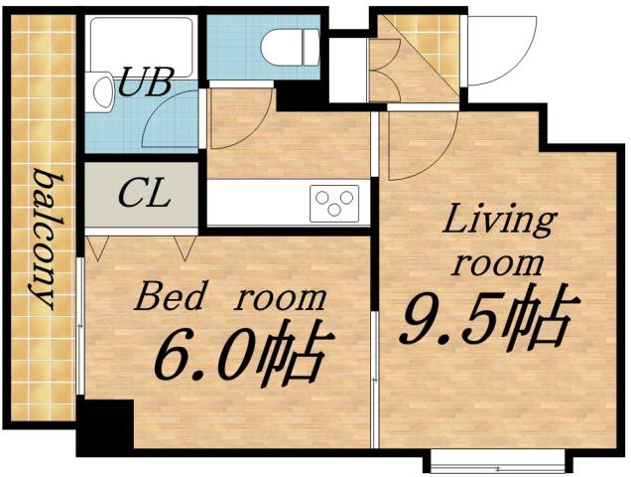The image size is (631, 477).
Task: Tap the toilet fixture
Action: tap(292, 45)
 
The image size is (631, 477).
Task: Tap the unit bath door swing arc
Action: tap(174, 123)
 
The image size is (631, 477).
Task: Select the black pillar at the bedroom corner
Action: tap(104, 426)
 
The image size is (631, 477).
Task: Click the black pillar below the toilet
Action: tap(298, 94)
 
